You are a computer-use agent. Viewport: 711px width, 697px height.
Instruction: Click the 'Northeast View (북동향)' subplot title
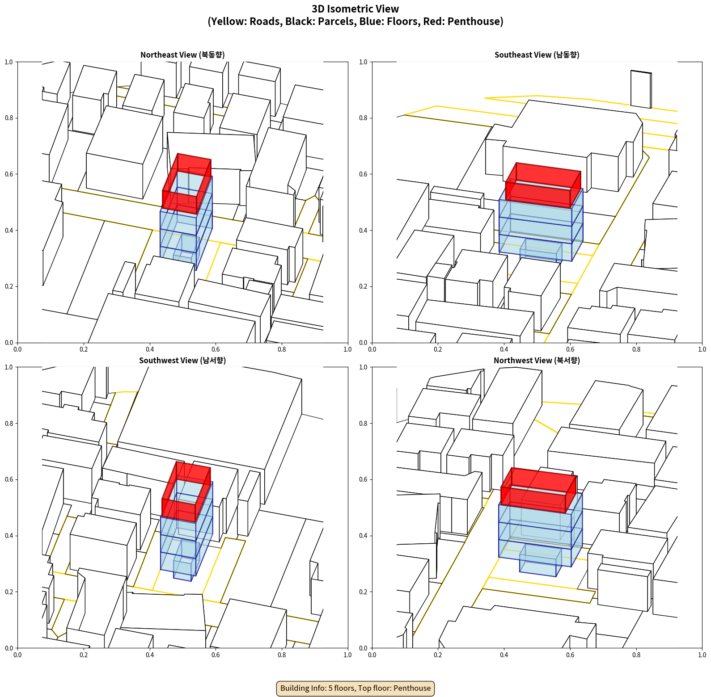[182, 55]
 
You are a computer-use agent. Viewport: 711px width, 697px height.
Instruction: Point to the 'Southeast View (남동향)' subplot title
[537, 55]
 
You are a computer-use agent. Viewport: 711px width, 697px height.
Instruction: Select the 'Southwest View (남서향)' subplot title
[182, 360]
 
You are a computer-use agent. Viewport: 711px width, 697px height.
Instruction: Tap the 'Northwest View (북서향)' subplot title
[537, 360]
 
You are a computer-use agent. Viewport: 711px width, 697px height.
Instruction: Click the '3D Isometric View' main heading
[355, 9]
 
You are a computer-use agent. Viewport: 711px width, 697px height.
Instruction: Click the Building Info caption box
[355, 688]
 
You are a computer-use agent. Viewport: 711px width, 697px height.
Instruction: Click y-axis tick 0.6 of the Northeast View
[9, 174]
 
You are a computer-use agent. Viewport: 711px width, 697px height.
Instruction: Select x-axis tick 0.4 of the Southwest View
[150, 655]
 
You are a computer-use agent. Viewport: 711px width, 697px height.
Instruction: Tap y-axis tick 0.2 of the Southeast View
[364, 286]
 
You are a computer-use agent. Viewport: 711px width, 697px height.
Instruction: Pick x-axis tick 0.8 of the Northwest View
[636, 655]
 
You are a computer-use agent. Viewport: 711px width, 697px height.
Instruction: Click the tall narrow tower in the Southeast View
[641, 89]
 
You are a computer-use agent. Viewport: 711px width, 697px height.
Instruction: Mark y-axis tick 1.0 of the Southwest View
[9, 367]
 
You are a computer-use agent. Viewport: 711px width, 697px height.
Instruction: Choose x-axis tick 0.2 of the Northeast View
[84, 349]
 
